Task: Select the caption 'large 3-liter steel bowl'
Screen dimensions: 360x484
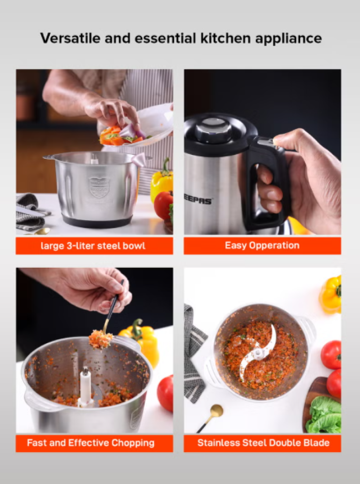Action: pyautogui.click(x=93, y=246)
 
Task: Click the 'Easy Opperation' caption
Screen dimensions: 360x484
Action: pyautogui.click(x=262, y=246)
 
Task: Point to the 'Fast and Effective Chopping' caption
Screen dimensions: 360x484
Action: pyautogui.click(x=90, y=443)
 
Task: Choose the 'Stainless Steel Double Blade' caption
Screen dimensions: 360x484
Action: pyautogui.click(x=263, y=443)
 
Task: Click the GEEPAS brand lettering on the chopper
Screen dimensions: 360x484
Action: pyautogui.click(x=198, y=201)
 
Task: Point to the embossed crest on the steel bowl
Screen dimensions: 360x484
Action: pyautogui.click(x=99, y=187)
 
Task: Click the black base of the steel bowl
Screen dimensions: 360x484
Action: pyautogui.click(x=97, y=221)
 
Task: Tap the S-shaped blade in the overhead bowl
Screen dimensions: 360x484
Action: pyautogui.click(x=258, y=352)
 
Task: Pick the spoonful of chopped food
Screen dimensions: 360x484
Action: pyautogui.click(x=101, y=339)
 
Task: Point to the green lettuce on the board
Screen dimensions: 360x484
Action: pyautogui.click(x=324, y=415)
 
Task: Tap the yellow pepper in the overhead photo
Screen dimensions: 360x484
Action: pyautogui.click(x=330, y=294)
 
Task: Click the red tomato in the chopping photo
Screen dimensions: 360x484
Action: pyautogui.click(x=165, y=393)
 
